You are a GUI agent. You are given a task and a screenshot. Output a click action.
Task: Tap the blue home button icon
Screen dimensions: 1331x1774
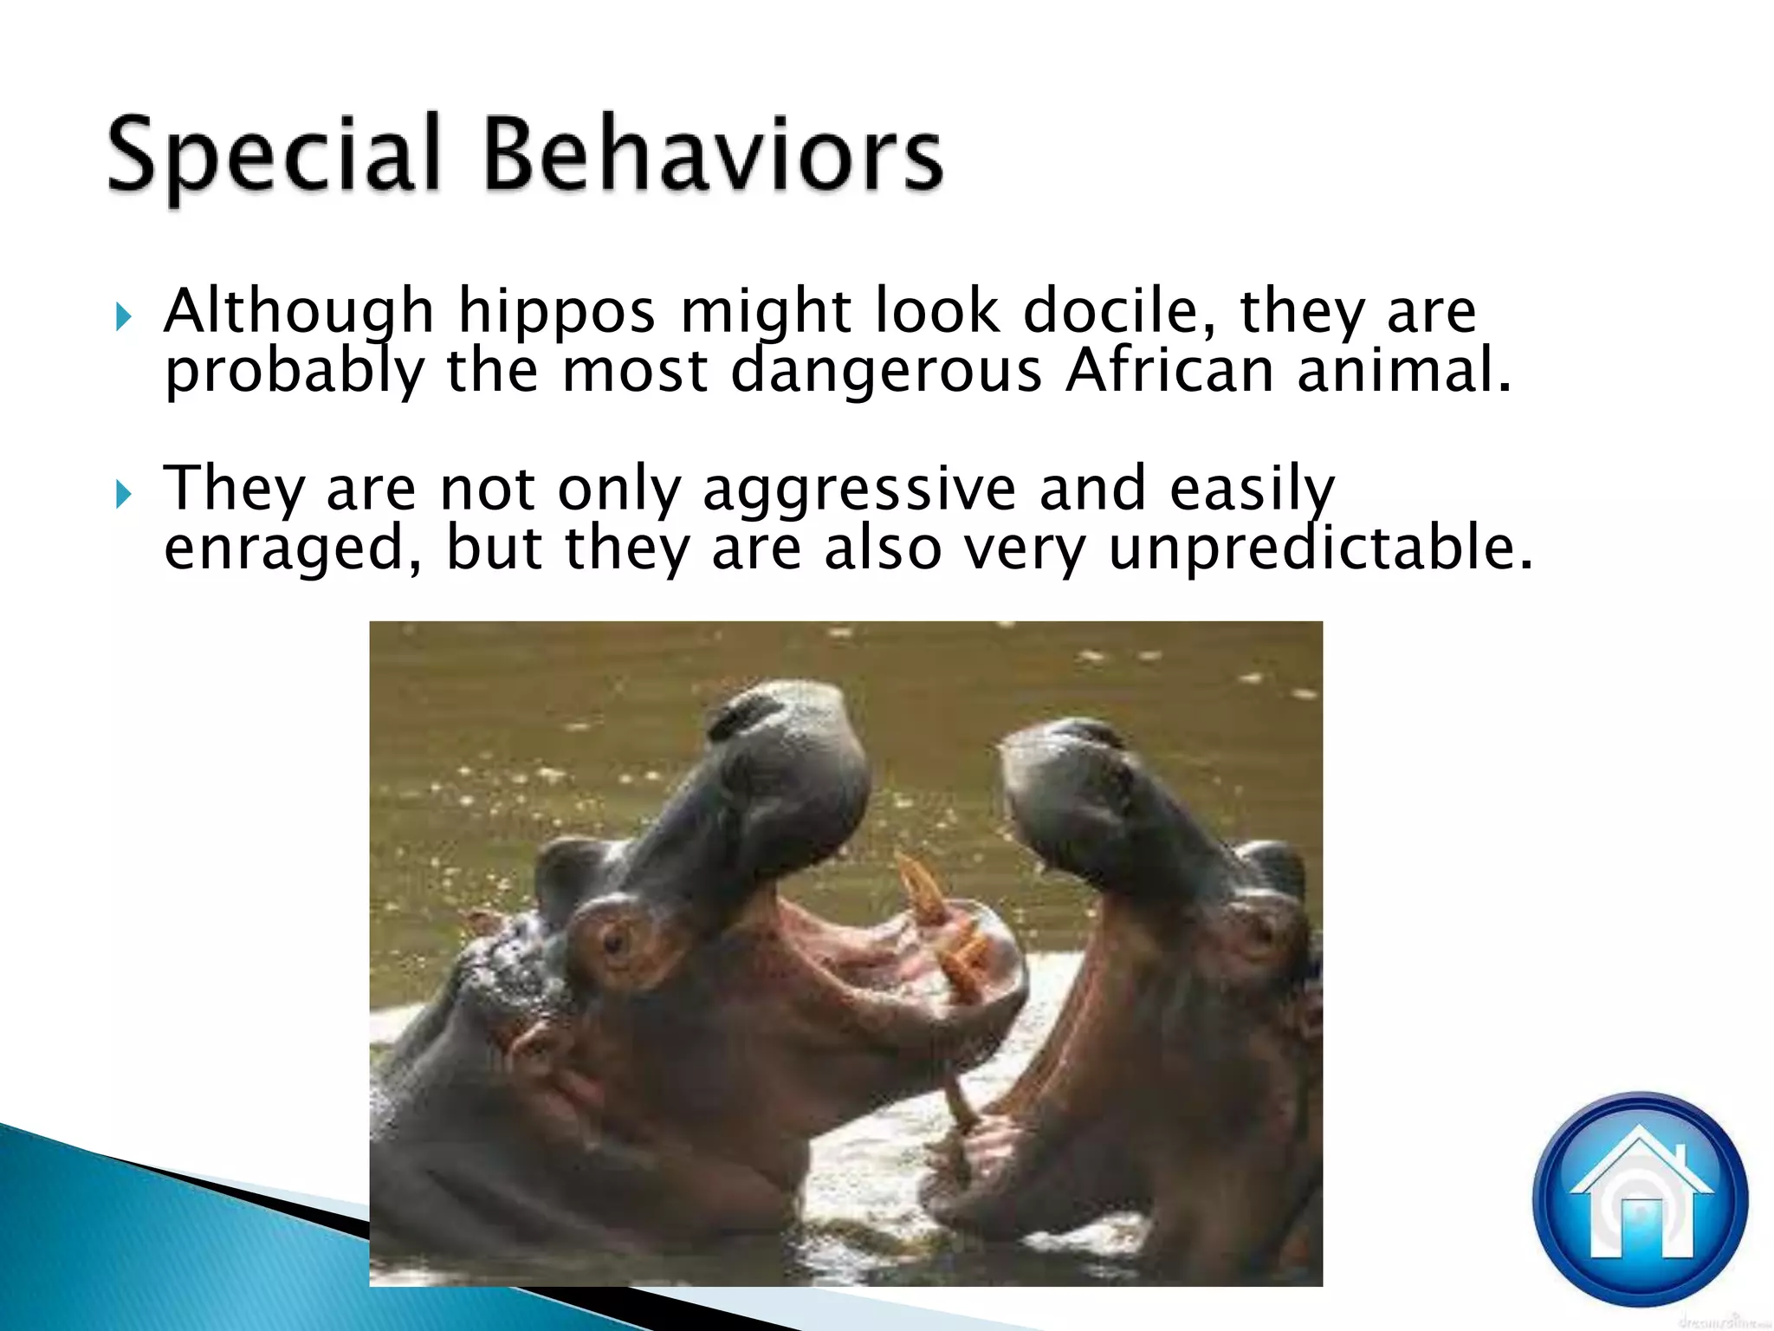1640,1200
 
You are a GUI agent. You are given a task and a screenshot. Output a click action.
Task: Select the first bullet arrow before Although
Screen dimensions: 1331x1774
124,317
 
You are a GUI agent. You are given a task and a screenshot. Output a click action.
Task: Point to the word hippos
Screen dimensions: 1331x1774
556,312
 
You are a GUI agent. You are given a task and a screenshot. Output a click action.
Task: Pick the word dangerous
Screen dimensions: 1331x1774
886,371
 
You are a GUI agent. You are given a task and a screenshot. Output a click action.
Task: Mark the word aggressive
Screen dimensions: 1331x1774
858,490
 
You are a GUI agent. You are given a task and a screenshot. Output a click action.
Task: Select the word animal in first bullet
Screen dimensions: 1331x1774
1403,370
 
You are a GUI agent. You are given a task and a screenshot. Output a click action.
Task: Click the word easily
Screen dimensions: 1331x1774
1252,490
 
